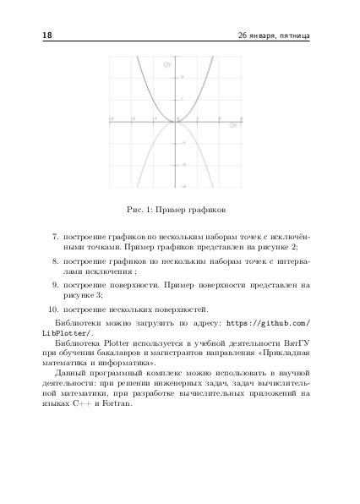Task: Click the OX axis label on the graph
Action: pyautogui.click(x=233, y=126)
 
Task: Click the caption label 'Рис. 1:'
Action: pyautogui.click(x=139, y=208)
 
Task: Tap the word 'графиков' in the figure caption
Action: pyautogui.click(x=208, y=208)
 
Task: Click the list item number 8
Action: pyautogui.click(x=55, y=261)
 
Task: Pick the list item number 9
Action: pyautogui.click(x=55, y=286)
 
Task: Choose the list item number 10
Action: pyautogui.click(x=52, y=310)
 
